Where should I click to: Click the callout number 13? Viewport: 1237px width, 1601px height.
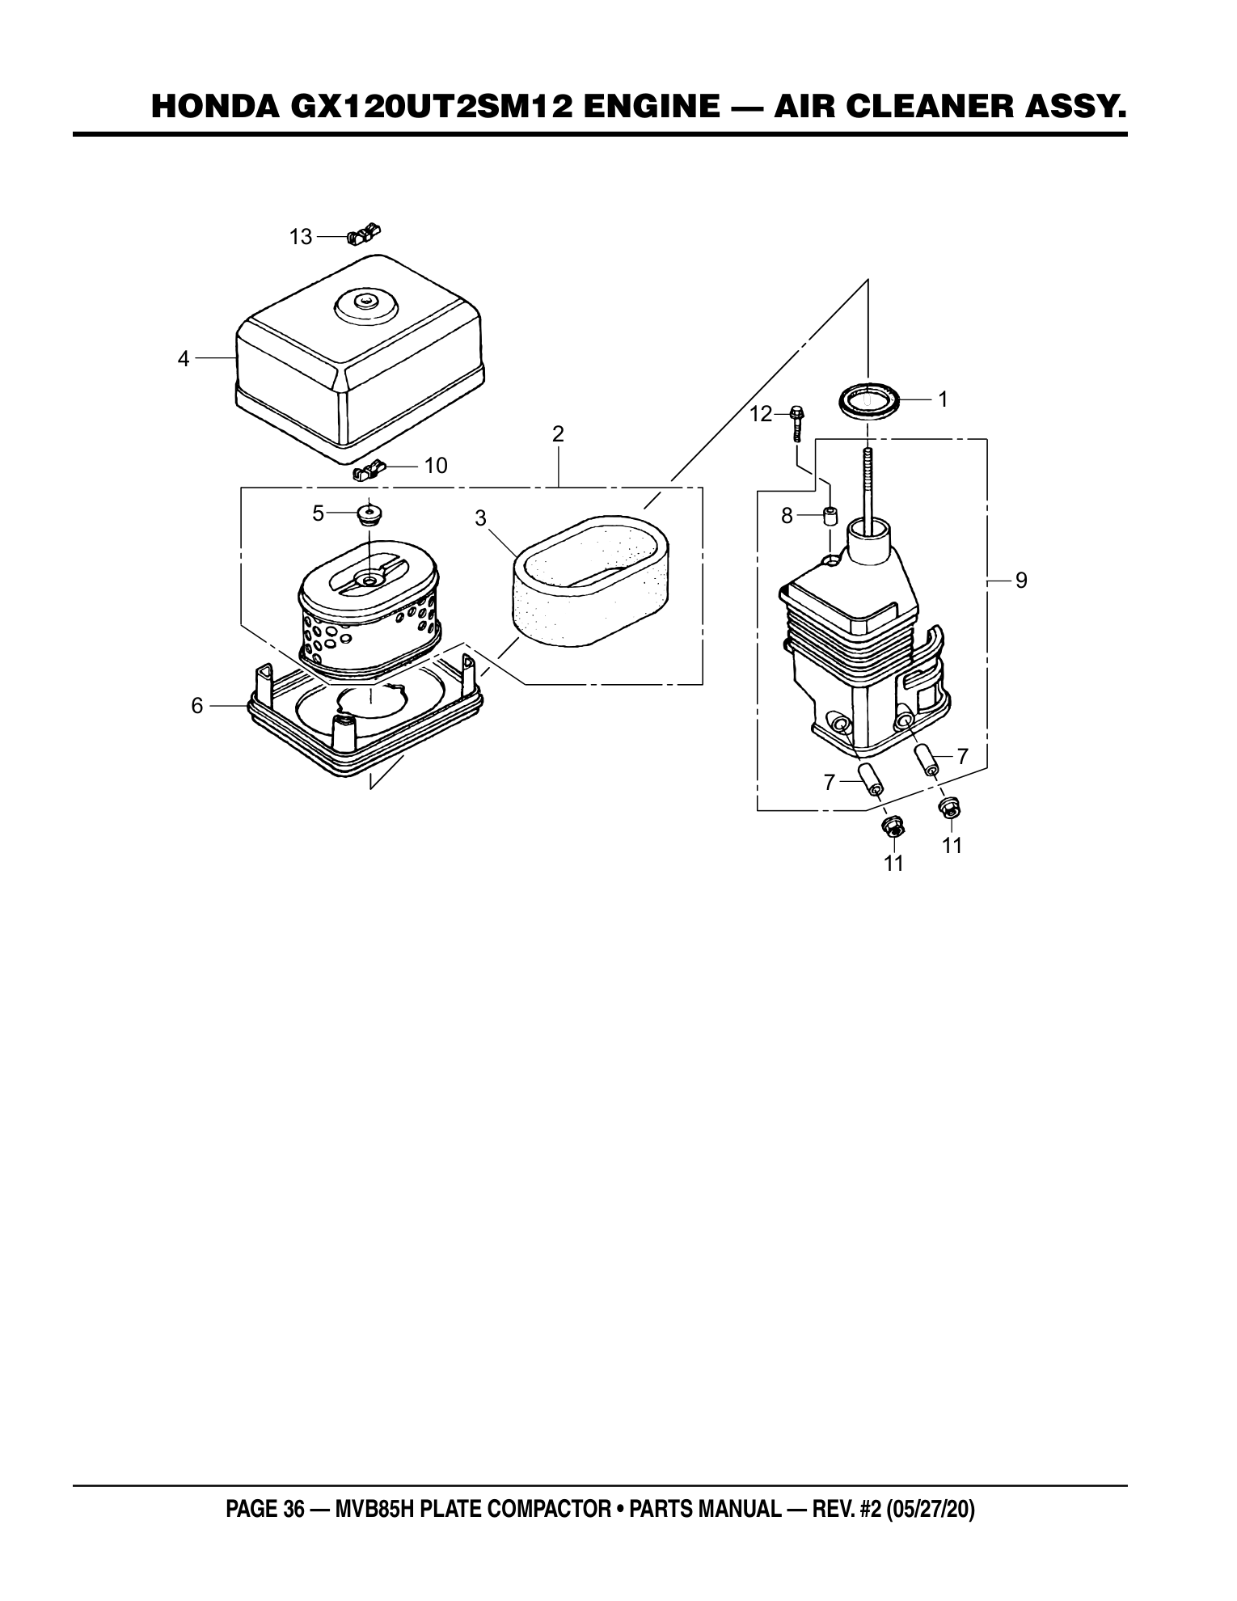[x=301, y=237]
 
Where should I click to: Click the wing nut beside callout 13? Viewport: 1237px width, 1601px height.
[x=364, y=234]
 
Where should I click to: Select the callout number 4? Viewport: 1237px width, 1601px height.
[x=184, y=358]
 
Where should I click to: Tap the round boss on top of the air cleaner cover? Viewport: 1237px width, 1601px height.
[x=366, y=306]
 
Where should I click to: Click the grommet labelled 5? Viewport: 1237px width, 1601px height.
[x=370, y=513]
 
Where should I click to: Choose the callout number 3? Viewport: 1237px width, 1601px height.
[x=480, y=519]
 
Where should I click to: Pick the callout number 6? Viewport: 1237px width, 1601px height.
[x=197, y=706]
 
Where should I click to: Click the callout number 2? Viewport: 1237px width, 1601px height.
[x=558, y=433]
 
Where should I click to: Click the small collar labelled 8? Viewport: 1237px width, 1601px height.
[x=830, y=515]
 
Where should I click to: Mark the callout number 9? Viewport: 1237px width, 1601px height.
[x=1021, y=580]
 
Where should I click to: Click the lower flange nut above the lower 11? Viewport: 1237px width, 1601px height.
[x=893, y=826]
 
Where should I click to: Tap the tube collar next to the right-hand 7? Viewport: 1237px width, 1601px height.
[x=927, y=759]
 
